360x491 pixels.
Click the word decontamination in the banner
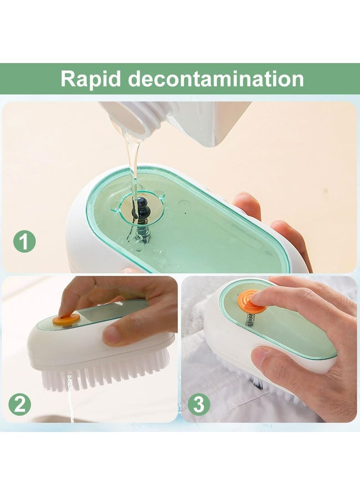coord(216,79)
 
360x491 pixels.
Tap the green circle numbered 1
coord(24,242)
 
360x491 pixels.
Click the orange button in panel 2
coord(66,320)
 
